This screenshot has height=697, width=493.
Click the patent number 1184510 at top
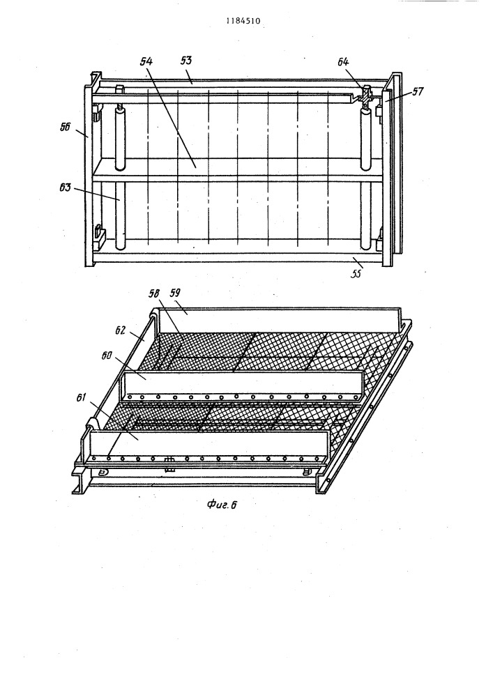coord(243,21)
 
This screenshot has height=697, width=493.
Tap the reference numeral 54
coord(146,61)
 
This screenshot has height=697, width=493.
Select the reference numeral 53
coord(185,60)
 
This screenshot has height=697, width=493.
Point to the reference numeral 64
coord(343,62)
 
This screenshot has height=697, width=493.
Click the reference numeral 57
coord(418,91)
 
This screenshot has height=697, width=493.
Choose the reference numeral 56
coord(66,127)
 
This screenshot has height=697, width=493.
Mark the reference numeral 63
coord(66,187)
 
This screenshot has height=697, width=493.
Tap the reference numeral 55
coord(356,274)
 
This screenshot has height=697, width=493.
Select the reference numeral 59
coord(175,293)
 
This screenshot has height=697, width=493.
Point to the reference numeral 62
coord(121,330)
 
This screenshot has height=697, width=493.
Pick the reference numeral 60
coord(107,356)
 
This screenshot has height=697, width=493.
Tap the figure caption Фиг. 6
coord(222,505)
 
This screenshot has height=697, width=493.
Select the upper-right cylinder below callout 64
coord(365,139)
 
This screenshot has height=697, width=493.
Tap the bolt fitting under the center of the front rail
coord(169,464)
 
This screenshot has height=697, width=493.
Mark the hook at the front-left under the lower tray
coord(103,472)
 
